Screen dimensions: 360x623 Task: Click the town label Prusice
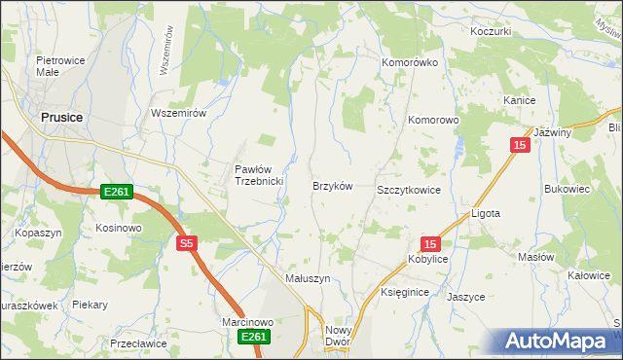(60, 117)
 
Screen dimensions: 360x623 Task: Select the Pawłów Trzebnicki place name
(258, 175)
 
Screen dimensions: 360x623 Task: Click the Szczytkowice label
(409, 190)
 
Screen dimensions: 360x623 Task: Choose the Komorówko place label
(411, 61)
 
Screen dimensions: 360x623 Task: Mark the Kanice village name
(521, 100)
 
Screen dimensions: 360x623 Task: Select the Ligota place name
(485, 212)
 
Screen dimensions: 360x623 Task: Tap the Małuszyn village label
(308, 277)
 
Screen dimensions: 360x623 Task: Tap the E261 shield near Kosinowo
(117, 193)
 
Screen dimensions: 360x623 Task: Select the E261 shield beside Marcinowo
(252, 337)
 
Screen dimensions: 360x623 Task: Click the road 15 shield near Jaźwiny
(521, 145)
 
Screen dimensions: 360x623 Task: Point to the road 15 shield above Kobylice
(431, 243)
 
